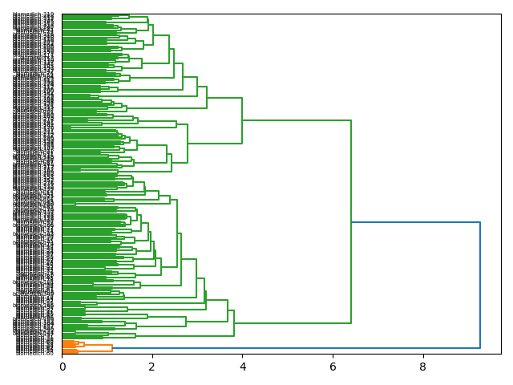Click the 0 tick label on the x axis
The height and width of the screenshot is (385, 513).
click(62, 366)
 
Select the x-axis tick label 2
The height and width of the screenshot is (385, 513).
click(152, 366)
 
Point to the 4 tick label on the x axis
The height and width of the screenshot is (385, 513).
click(243, 366)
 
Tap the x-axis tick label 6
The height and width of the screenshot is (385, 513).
click(333, 366)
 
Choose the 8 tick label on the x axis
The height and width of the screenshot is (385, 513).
click(423, 366)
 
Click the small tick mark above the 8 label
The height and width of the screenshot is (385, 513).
click(423, 356)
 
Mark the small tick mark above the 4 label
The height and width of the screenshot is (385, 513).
click(243, 356)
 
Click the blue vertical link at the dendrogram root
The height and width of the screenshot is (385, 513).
click(480, 285)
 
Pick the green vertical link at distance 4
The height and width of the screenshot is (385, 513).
click(242, 120)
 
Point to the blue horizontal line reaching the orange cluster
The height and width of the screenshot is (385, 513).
click(297, 348)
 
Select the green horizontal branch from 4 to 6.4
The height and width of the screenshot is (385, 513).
click(297, 120)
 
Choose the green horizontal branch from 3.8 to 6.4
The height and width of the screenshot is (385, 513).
click(293, 323)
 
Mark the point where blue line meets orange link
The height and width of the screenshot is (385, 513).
click(112, 348)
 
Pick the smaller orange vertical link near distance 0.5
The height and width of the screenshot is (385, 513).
click(83, 344)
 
